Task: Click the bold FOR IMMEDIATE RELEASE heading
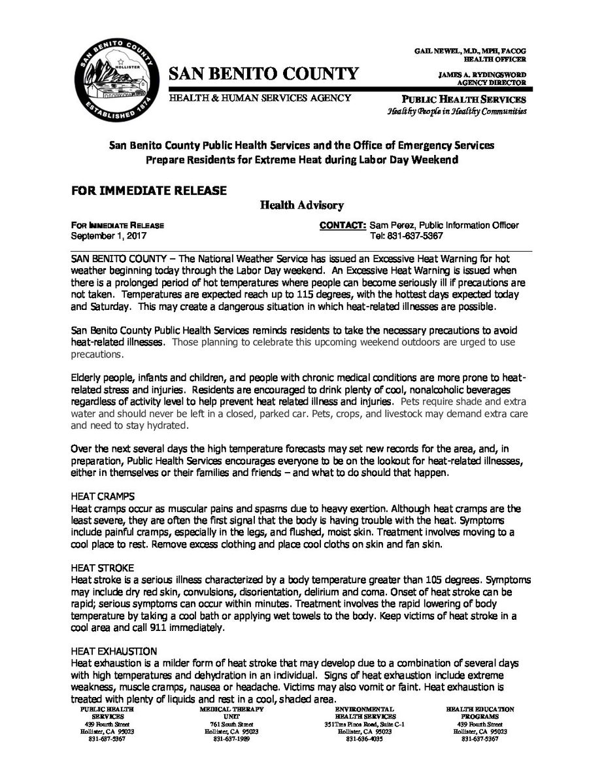click(x=149, y=190)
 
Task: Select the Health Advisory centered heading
click(x=302, y=206)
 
